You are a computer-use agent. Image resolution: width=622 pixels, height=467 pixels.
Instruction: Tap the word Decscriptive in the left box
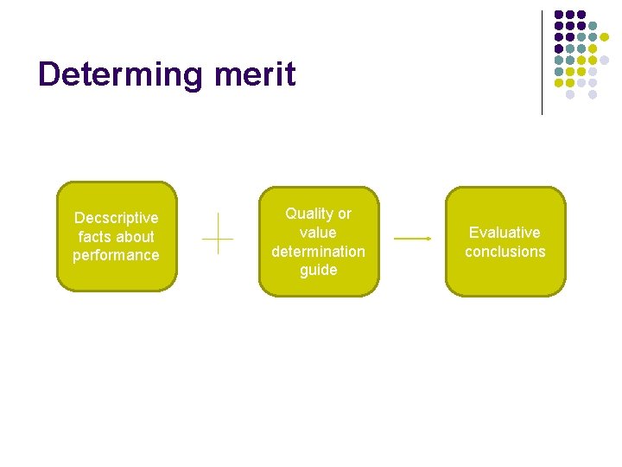click(x=117, y=218)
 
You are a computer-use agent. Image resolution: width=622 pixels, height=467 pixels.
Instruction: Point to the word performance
click(x=116, y=255)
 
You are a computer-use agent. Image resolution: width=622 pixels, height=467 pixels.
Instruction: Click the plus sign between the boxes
click(x=219, y=233)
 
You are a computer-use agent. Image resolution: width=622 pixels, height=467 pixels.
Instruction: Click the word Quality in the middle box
click(x=308, y=214)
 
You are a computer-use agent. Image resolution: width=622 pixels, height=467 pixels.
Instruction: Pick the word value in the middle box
click(x=318, y=233)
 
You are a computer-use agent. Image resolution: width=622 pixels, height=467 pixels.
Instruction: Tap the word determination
click(x=318, y=252)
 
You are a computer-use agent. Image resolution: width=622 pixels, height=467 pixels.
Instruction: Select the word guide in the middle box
click(x=318, y=271)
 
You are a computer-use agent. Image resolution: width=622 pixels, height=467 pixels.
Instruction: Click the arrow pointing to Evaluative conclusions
click(x=412, y=238)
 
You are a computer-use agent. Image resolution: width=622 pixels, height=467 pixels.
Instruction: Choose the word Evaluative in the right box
click(x=505, y=233)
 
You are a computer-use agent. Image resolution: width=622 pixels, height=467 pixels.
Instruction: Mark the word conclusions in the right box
click(x=505, y=252)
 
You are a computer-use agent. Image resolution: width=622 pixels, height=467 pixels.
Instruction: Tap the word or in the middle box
click(x=344, y=214)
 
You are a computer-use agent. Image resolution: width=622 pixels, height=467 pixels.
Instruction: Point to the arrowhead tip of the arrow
click(x=430, y=238)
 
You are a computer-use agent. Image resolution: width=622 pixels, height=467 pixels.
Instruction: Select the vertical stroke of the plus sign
click(x=219, y=223)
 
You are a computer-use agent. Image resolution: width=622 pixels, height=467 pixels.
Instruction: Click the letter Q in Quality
click(x=291, y=214)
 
